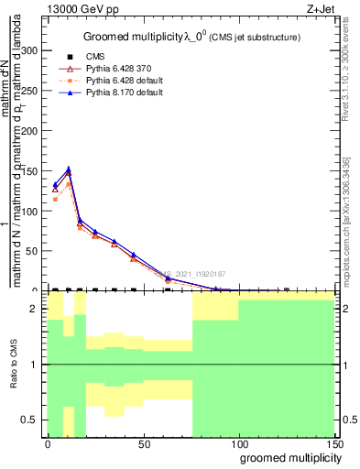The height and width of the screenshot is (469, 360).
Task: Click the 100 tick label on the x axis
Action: [237, 443]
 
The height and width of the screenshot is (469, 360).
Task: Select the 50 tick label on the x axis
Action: [142, 443]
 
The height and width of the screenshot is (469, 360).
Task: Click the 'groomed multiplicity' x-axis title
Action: [287, 457]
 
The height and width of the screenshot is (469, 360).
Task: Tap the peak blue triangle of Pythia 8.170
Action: [68, 169]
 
